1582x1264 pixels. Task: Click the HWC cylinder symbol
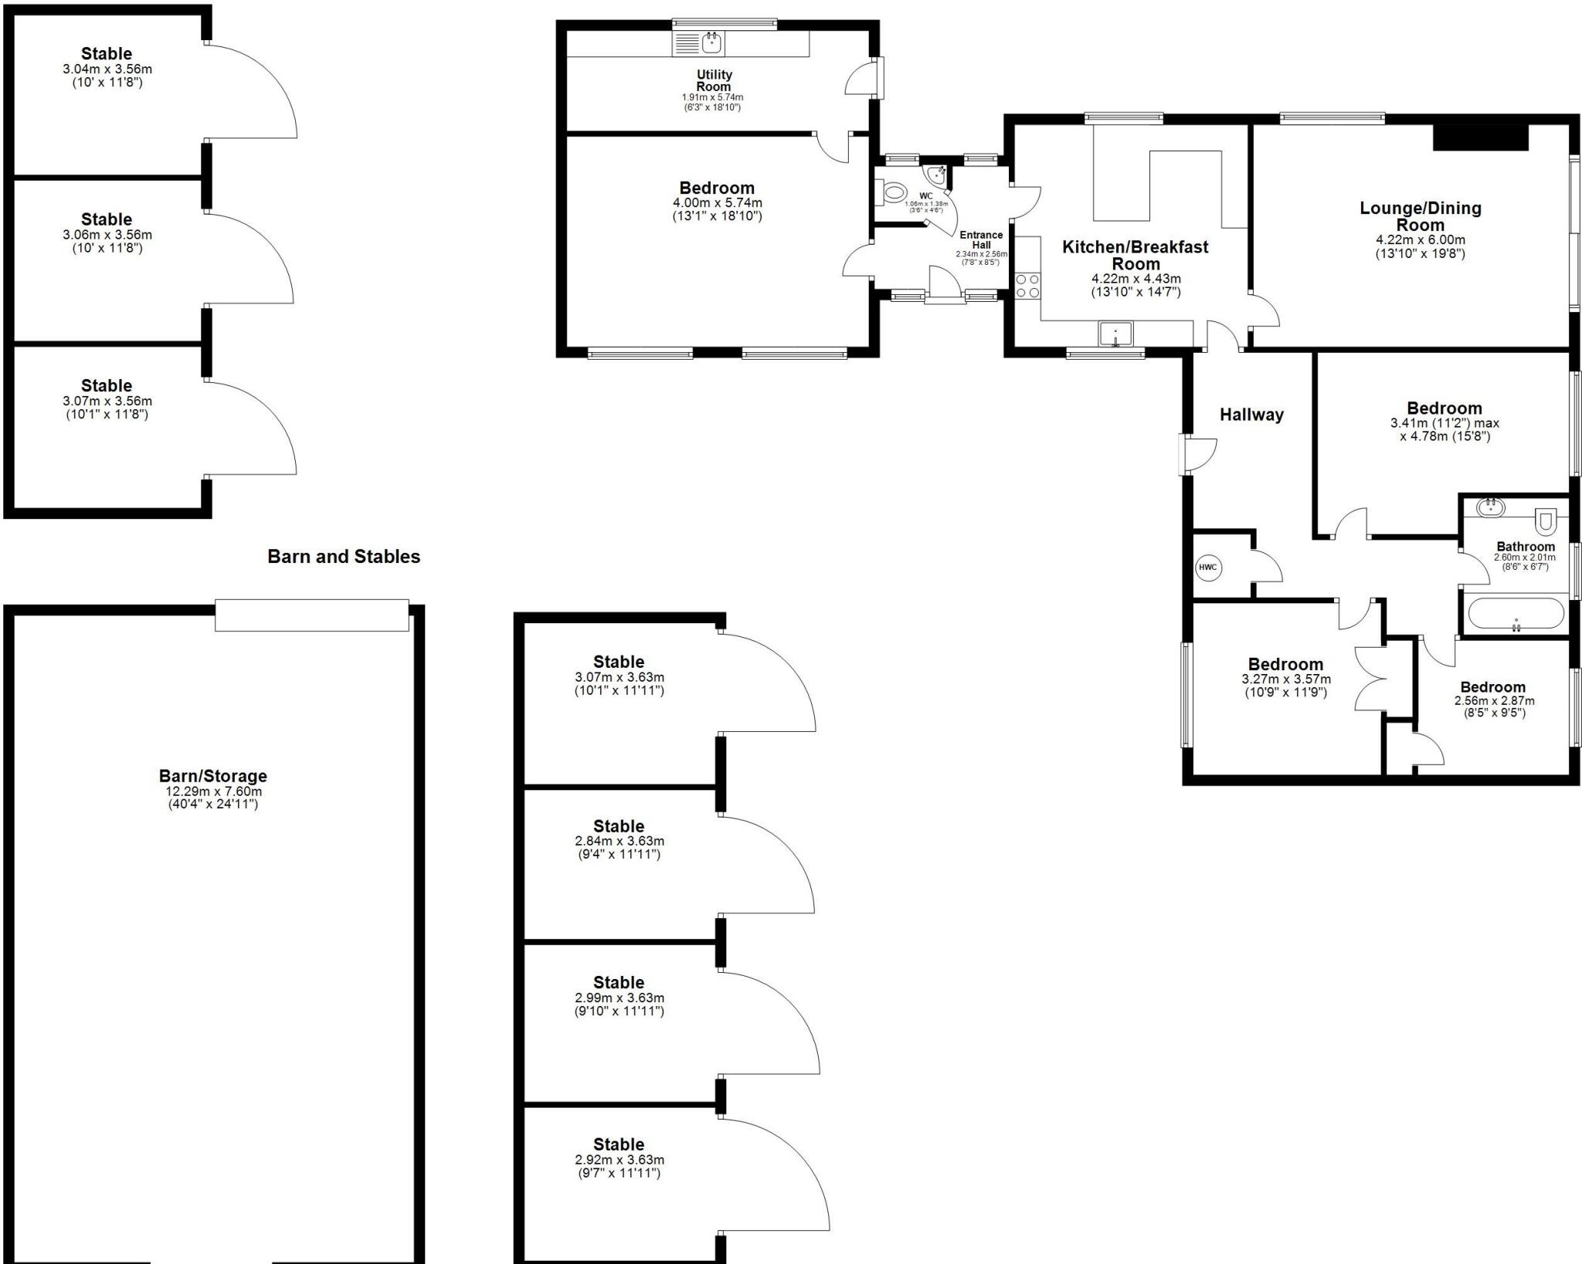(1207, 568)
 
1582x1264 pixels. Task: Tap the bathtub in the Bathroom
(1516, 615)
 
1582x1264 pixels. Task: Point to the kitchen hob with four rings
(1027, 285)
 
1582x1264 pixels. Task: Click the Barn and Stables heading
(344, 557)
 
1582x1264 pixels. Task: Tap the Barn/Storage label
(213, 776)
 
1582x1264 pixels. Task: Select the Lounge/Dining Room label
(1420, 216)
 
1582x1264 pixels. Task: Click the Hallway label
(1251, 415)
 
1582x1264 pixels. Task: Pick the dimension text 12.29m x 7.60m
(213, 791)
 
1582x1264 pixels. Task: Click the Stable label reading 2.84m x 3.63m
(618, 826)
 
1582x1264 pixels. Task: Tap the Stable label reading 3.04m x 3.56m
(107, 54)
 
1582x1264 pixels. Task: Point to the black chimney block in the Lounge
(1481, 137)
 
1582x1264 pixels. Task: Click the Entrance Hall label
(981, 239)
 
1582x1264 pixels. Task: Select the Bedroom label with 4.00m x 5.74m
(717, 188)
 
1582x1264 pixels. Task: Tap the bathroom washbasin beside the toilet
(1490, 507)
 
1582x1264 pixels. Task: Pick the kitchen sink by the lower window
(1115, 334)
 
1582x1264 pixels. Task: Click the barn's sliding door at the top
(311, 615)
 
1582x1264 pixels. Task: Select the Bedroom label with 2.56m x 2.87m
(1492, 687)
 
